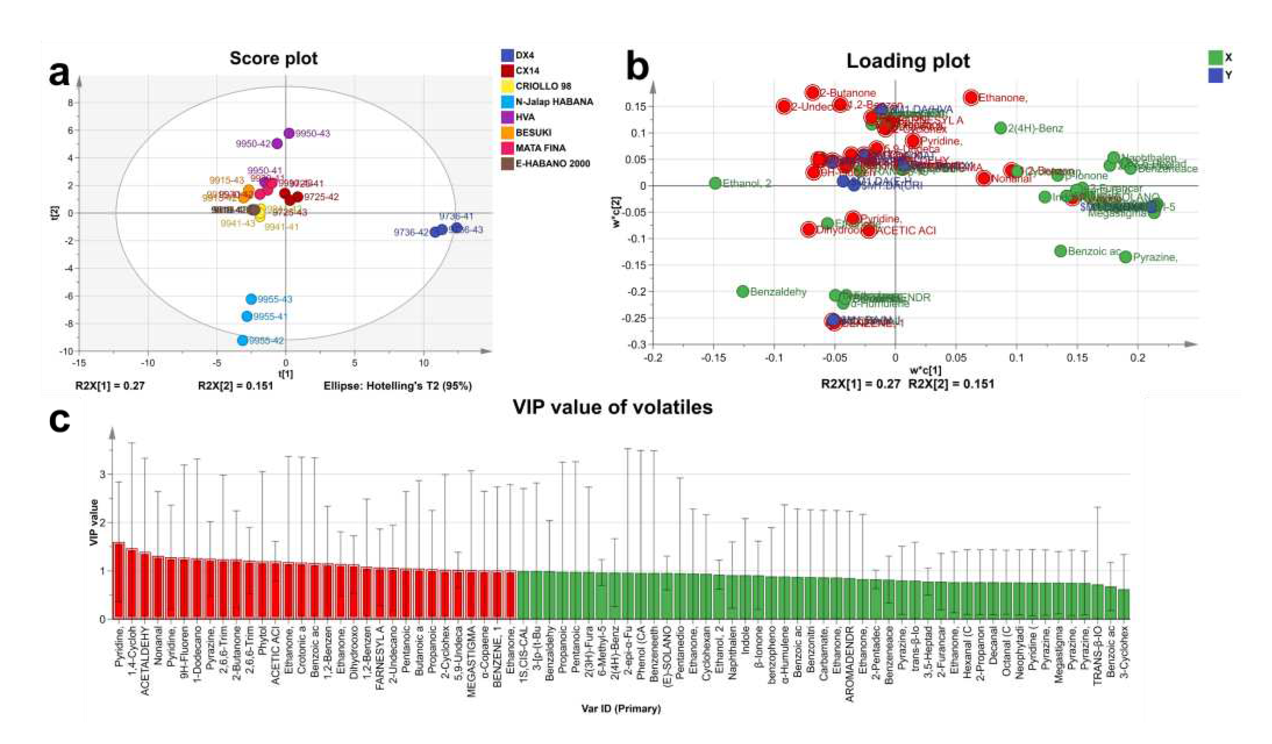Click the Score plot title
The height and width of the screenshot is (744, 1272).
coord(273,58)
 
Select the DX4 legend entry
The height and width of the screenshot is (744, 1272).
coord(525,55)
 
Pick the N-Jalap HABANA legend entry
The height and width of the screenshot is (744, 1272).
coord(554,101)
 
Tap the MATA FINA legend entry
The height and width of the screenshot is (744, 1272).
coord(540,148)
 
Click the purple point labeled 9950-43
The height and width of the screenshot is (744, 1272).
coord(289,133)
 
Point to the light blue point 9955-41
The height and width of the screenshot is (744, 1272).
coord(247,316)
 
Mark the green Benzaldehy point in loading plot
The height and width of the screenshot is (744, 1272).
coord(743,291)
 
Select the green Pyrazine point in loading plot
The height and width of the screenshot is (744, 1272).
coord(1126,257)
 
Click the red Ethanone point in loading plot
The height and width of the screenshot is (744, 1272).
coord(971,98)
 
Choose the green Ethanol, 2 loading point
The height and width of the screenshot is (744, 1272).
coord(715,183)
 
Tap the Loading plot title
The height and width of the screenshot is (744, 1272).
coord(908,61)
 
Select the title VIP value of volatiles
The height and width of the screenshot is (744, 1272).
coord(612,407)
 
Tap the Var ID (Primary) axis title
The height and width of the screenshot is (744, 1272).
coord(621,709)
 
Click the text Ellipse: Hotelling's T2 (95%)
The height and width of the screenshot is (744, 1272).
coord(398,386)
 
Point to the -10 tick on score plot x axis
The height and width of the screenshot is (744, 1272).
coord(148,363)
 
